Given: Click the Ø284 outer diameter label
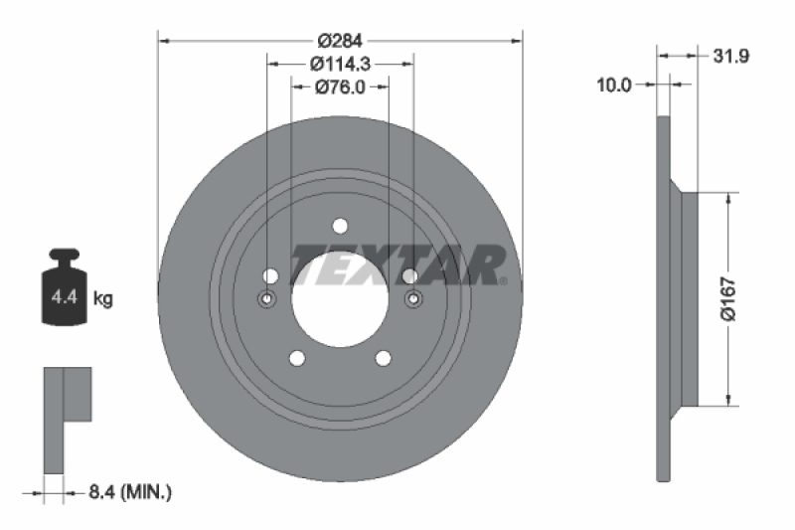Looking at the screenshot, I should (x=339, y=41).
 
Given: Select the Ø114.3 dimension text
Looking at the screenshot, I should (x=339, y=64).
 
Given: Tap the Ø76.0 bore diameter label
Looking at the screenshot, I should (x=340, y=87).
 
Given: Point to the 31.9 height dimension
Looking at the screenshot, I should (x=730, y=57).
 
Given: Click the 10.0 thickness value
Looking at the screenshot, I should (x=613, y=86).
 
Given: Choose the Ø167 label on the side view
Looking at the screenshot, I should (x=729, y=299).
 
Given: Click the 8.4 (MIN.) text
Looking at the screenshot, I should (x=130, y=490).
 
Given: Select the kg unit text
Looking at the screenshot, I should (x=102, y=298).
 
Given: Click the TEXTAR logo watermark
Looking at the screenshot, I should (x=397, y=264).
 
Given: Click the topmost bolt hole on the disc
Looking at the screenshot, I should (x=340, y=225).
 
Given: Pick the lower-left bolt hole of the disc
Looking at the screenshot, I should (x=295, y=359).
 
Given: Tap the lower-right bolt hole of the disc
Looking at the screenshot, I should (x=385, y=359).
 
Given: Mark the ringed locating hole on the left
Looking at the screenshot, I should (x=266, y=298).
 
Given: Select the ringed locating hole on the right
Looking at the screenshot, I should (x=413, y=298).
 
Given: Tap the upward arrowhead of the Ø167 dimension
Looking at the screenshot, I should (x=730, y=198).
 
